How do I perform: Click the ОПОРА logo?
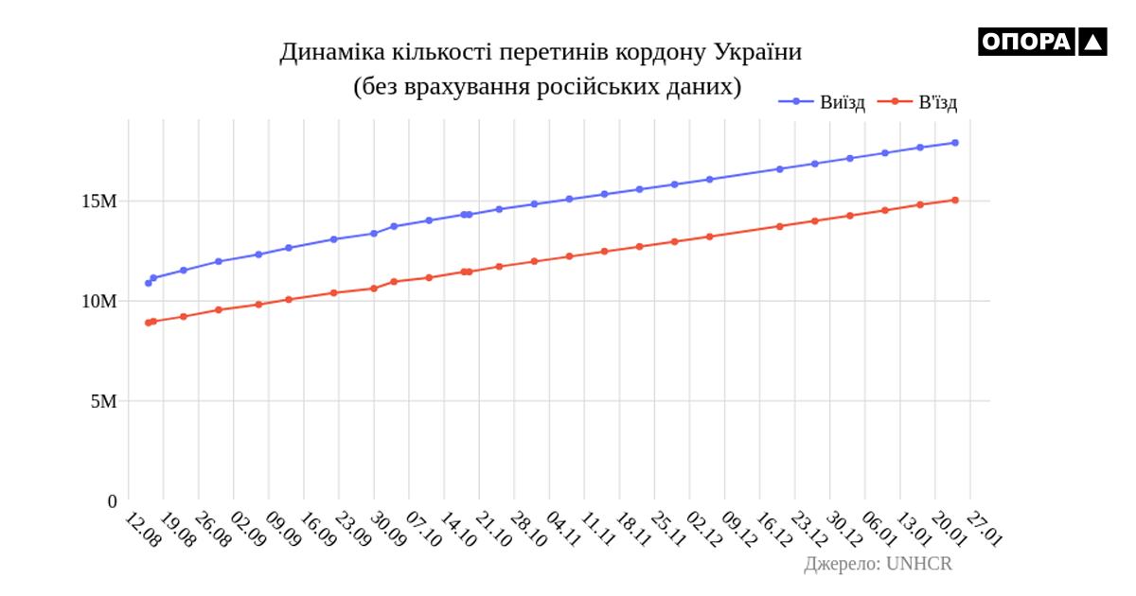[1041, 42]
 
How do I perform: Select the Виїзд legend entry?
[828, 102]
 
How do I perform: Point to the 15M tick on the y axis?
[98, 202]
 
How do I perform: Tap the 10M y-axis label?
[98, 301]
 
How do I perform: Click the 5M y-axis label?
[102, 401]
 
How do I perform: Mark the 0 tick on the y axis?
[112, 500]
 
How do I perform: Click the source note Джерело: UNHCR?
[878, 564]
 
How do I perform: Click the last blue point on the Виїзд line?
[955, 143]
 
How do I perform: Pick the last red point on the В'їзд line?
[955, 200]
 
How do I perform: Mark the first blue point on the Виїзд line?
[148, 283]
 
